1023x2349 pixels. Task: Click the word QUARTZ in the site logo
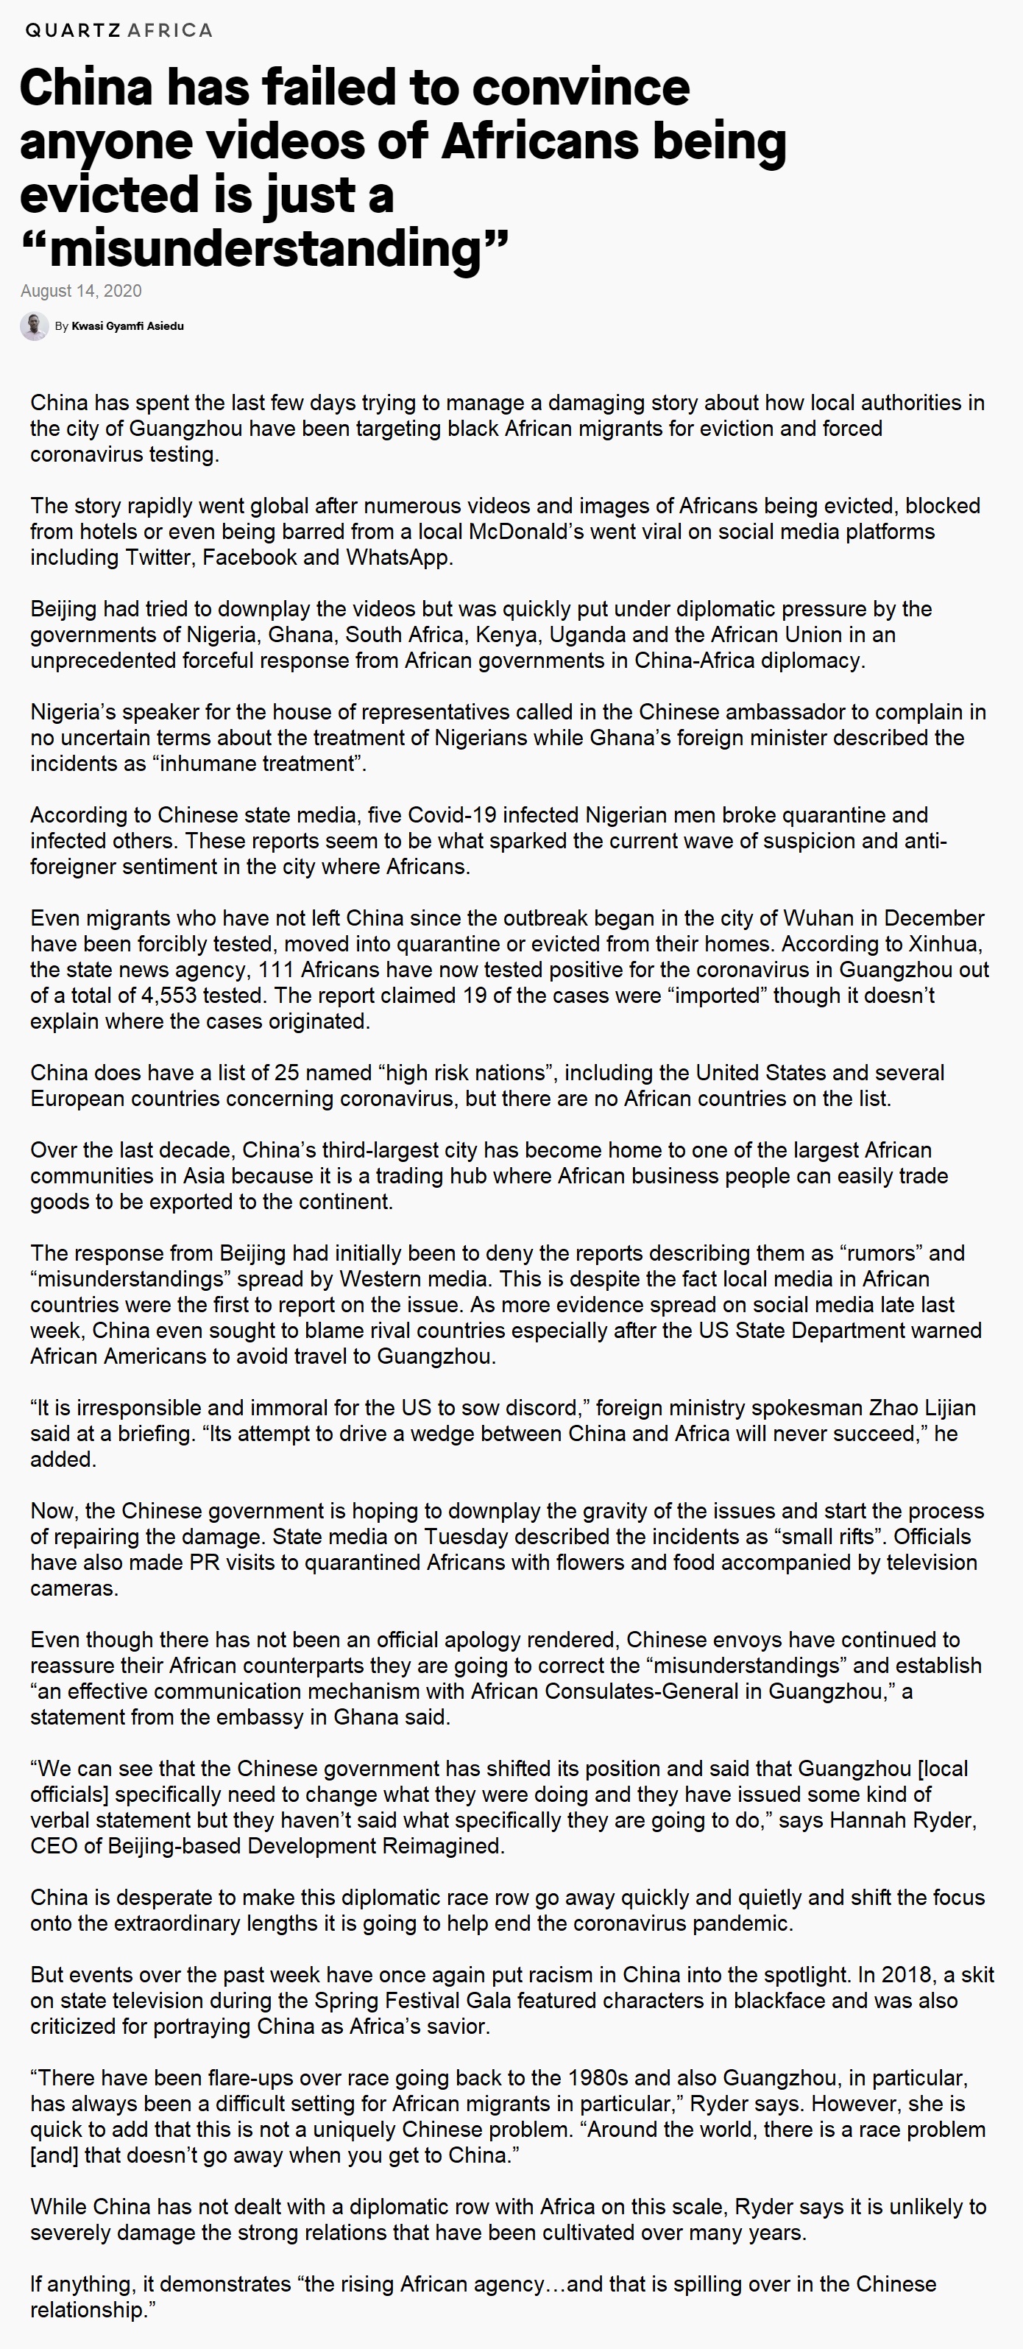coord(72,30)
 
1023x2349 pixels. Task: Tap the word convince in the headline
coord(581,88)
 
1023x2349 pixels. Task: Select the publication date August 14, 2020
coord(81,291)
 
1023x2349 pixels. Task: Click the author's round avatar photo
coord(35,325)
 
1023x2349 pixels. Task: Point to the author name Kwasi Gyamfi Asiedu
coord(127,326)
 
